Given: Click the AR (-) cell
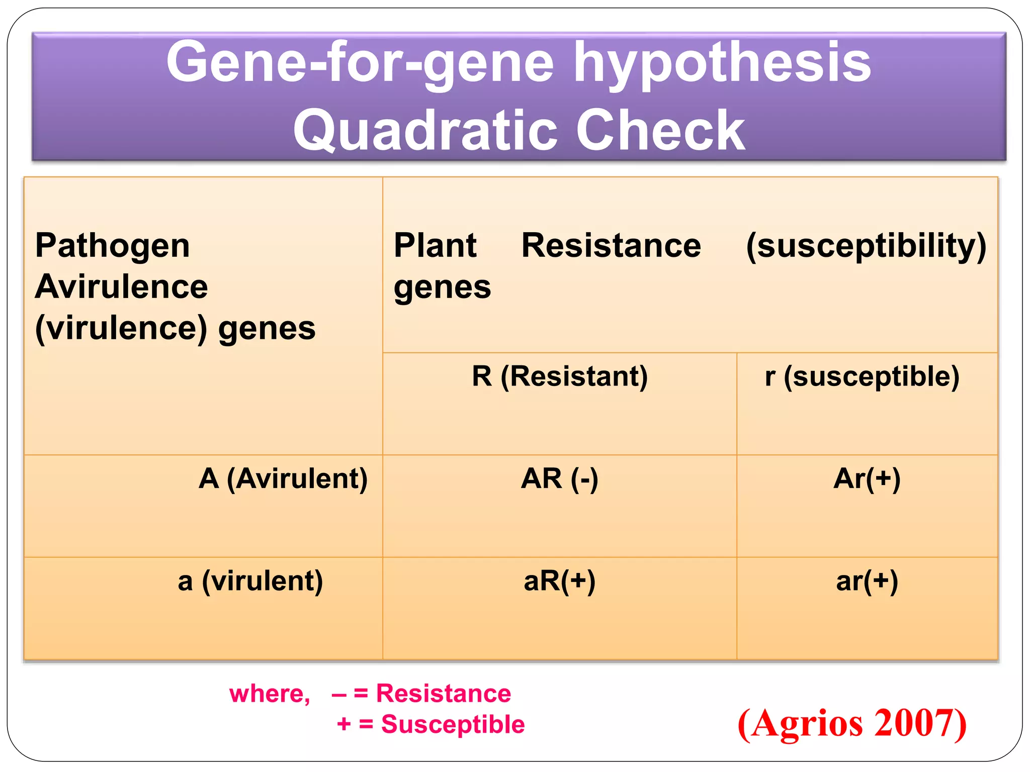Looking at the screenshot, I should pyautogui.click(x=559, y=478).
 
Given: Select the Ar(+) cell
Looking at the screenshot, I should pyautogui.click(x=867, y=478).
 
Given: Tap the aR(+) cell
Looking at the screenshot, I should pyautogui.click(x=559, y=581).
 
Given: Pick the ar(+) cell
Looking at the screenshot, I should pyautogui.click(x=867, y=581).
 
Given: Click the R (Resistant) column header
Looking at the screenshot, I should pyautogui.click(x=559, y=376).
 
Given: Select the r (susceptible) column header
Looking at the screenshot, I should pyautogui.click(x=862, y=376).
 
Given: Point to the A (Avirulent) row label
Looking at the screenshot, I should pyautogui.click(x=283, y=478).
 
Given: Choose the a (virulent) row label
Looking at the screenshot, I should pyautogui.click(x=250, y=581).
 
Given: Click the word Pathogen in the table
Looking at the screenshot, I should pyautogui.click(x=113, y=246).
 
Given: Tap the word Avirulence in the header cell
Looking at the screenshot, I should pyautogui.click(x=121, y=287).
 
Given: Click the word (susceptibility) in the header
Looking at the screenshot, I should pyautogui.click(x=866, y=246).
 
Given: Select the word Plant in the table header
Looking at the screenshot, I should pyautogui.click(x=435, y=246).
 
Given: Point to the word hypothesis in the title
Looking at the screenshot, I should pyautogui.click(x=722, y=63).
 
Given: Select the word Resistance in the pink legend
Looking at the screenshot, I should pyautogui.click(x=443, y=694).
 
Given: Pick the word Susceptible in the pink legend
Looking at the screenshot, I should pyautogui.click(x=453, y=724).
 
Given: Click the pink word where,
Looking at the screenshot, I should pyautogui.click(x=270, y=694).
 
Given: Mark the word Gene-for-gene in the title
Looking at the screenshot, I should pyautogui.click(x=360, y=63).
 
